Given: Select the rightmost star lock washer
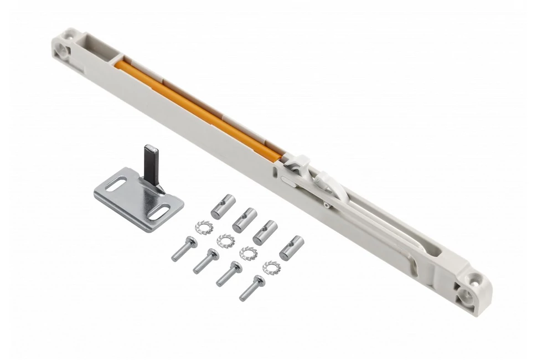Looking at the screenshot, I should pyautogui.click(x=272, y=268).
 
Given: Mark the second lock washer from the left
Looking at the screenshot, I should pyautogui.click(x=225, y=240).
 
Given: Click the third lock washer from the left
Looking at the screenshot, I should pyautogui.click(x=248, y=253).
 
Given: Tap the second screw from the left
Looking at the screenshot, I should pyautogui.click(x=206, y=261).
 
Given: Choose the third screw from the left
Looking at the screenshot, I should pyautogui.click(x=229, y=274).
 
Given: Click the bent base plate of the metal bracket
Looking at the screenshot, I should pyautogui.click(x=138, y=199).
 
